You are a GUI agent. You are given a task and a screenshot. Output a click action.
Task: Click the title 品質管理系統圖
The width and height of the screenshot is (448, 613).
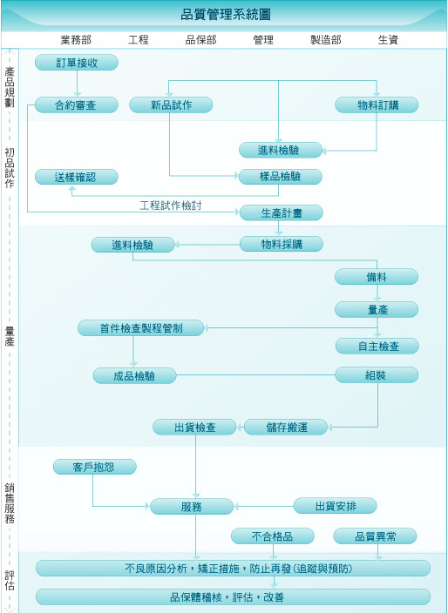(226, 15)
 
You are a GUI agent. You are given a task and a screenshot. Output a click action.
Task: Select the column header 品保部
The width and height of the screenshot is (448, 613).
(200, 40)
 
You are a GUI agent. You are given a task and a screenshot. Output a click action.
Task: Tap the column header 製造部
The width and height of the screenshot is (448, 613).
(325, 40)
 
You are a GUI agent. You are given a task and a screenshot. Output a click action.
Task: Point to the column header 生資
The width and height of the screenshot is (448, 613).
(388, 40)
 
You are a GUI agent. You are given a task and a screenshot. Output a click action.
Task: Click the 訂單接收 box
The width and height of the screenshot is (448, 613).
(77, 63)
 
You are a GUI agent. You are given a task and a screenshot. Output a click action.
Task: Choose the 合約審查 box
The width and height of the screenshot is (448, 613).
(77, 104)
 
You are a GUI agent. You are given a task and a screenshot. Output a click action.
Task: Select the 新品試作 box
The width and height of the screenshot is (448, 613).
(171, 104)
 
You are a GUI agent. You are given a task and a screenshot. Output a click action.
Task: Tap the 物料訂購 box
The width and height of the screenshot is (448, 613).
(377, 104)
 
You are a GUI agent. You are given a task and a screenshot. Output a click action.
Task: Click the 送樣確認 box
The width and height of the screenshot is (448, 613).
(77, 177)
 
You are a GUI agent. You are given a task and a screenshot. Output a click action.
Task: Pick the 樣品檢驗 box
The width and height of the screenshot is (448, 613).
(281, 177)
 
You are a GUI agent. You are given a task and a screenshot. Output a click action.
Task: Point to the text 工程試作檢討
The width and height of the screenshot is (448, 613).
(171, 205)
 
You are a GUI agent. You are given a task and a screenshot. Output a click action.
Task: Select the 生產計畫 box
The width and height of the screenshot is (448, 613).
(282, 213)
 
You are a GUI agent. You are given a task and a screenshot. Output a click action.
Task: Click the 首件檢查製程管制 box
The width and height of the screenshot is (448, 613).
(141, 328)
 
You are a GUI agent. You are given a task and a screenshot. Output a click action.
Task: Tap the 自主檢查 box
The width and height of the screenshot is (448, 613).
(377, 346)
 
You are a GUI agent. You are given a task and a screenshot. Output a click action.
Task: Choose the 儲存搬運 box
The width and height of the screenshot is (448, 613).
(286, 427)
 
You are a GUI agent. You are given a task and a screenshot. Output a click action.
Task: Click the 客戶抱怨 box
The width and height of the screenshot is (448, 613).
(95, 467)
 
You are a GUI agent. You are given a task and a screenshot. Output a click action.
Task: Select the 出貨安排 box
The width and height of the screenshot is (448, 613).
(336, 506)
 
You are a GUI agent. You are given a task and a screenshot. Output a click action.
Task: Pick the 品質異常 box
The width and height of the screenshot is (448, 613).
(375, 536)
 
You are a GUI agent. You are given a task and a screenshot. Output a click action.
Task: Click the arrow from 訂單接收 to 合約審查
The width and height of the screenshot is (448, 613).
(77, 84)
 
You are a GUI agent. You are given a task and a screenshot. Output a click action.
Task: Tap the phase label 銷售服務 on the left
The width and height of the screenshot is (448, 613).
(10, 503)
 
